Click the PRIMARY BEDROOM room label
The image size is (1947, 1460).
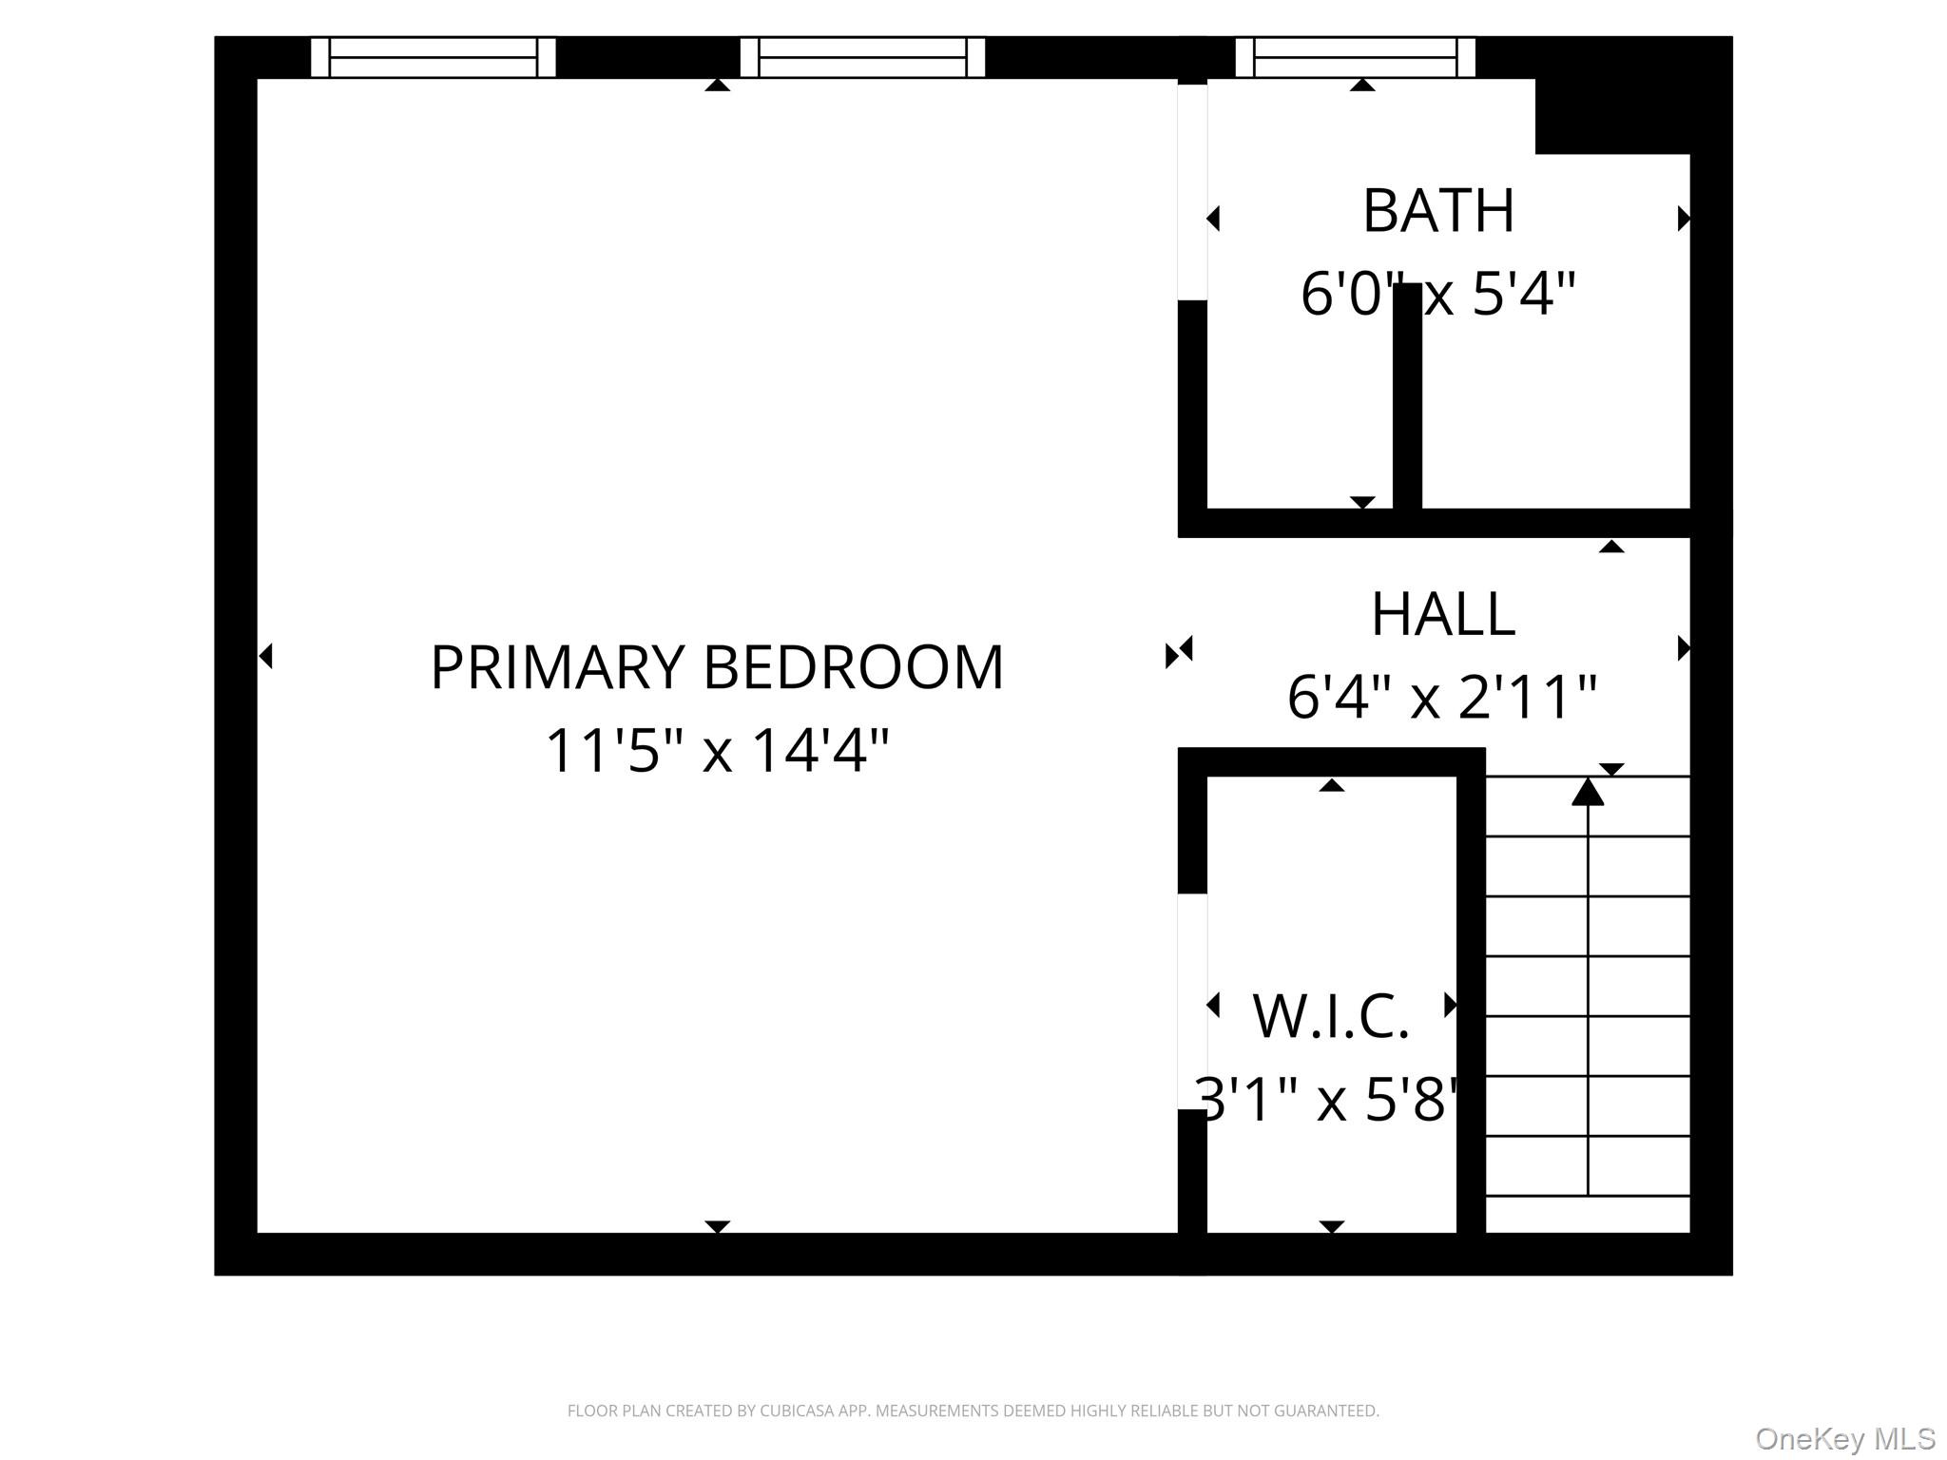717,667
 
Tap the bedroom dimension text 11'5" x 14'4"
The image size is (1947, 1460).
717,751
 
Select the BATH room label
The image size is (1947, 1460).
1437,211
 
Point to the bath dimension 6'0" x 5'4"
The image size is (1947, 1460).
1437,294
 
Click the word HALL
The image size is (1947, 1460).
1442,615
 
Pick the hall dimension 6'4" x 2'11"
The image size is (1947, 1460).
1441,698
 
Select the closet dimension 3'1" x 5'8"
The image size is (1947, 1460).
1330,1100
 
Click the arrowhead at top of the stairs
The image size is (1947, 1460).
1587,792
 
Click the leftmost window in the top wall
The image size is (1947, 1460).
434,57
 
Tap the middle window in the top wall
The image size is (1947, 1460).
862,57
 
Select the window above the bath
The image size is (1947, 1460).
1355,57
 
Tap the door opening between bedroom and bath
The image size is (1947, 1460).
1192,192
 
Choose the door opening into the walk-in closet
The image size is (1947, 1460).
1192,1001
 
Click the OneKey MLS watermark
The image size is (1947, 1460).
1844,1438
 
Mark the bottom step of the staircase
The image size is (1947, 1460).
1587,1214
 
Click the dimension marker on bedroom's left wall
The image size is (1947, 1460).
266,656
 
